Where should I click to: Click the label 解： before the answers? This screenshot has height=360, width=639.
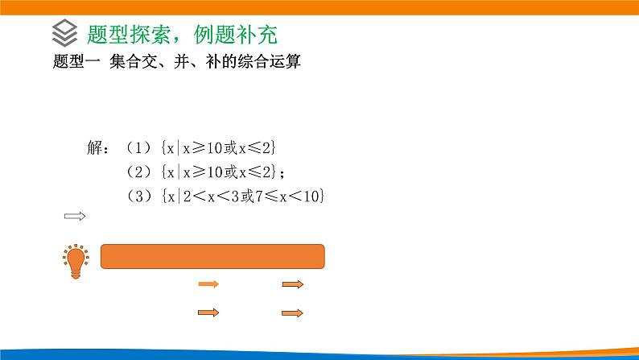(x=98, y=147)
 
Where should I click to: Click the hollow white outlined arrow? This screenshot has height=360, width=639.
(x=74, y=216)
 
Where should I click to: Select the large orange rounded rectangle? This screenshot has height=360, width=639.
(x=212, y=256)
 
